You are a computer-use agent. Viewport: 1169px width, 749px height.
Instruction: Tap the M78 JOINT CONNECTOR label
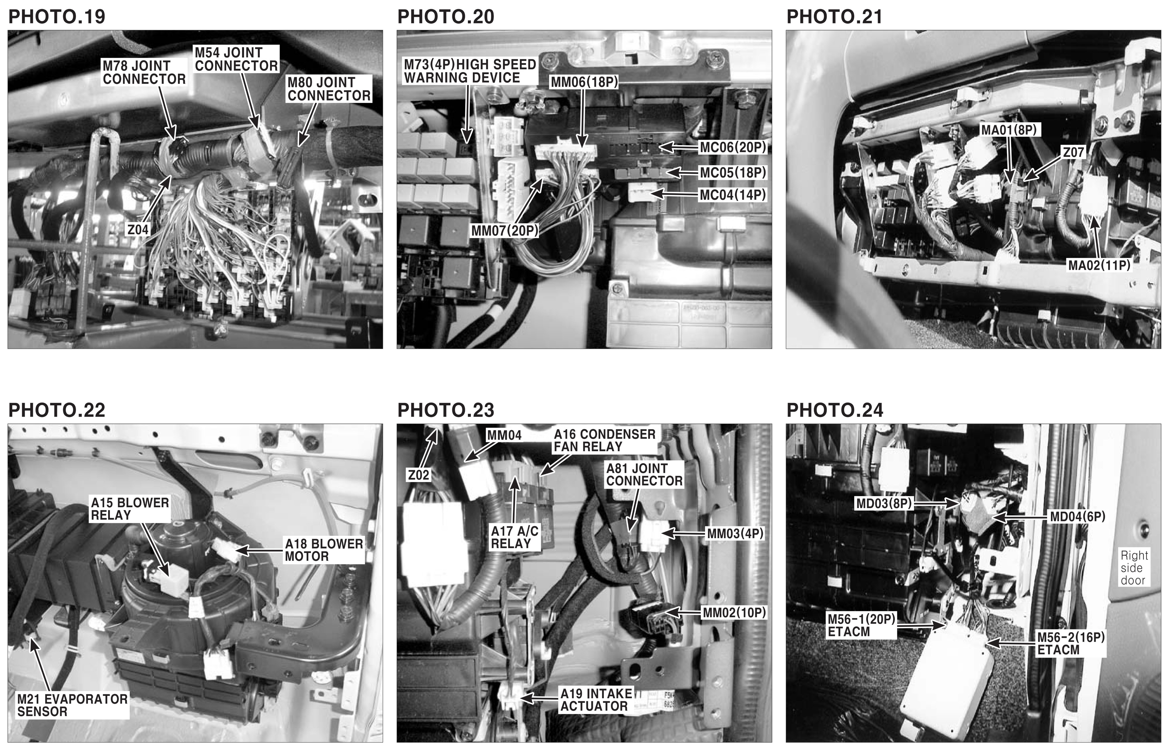coord(144,72)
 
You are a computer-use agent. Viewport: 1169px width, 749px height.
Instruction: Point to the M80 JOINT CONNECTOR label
coord(329,88)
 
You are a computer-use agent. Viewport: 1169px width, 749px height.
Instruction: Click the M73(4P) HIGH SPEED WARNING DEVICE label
coord(470,71)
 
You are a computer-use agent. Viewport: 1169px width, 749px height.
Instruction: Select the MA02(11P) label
coord(1099,265)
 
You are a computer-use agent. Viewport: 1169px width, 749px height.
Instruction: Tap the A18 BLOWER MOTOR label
coord(324,550)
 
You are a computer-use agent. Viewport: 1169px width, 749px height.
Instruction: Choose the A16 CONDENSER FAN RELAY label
coord(604,440)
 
